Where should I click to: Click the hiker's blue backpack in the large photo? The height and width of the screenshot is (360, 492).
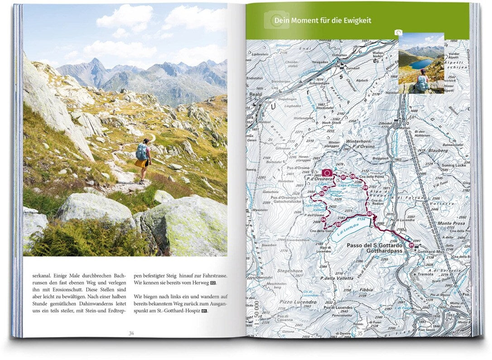(x=141, y=152)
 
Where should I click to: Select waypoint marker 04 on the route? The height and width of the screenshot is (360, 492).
(x=323, y=220)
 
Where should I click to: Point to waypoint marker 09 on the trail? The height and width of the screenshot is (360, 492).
(x=365, y=188)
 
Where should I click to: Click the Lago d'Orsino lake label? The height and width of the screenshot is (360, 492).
(x=349, y=185)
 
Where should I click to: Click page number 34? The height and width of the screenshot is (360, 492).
(x=131, y=333)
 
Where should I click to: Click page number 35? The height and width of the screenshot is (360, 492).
(x=360, y=333)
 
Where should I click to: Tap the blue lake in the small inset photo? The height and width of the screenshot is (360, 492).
(x=420, y=63)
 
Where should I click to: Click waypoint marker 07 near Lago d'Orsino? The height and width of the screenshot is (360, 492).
(x=343, y=177)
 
